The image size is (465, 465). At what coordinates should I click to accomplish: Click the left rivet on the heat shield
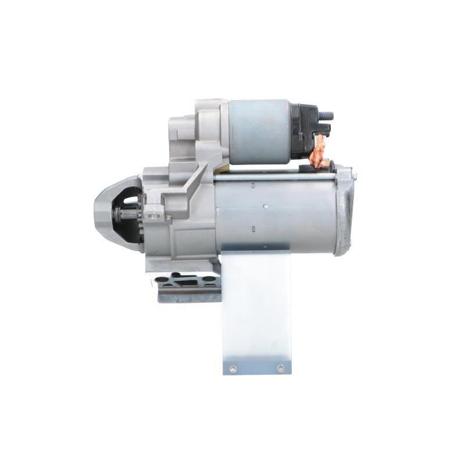(233, 367)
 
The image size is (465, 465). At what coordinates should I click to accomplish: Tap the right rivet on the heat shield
(281, 367)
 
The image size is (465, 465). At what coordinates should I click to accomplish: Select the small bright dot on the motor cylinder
(265, 206)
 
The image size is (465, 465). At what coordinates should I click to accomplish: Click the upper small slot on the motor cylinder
(253, 185)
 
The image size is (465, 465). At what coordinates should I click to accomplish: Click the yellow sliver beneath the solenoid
(221, 171)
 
